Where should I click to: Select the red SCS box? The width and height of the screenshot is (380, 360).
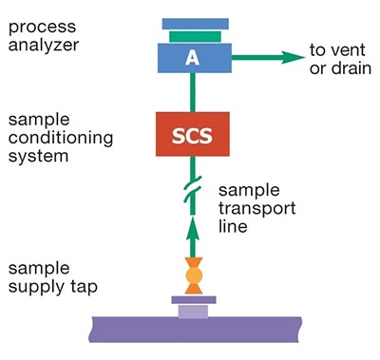(194, 135)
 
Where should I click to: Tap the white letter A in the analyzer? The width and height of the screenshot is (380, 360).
(194, 58)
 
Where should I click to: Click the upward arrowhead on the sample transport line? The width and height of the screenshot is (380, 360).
(194, 228)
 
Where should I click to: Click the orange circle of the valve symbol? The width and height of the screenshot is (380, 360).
(194, 275)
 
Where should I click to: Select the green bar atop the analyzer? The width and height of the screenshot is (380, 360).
(194, 36)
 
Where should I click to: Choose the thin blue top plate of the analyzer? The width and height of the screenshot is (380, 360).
(194, 24)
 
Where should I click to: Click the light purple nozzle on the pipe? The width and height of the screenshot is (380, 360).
(194, 312)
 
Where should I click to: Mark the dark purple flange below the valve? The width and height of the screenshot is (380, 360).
(194, 300)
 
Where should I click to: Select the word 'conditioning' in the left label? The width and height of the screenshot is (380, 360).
(60, 138)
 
